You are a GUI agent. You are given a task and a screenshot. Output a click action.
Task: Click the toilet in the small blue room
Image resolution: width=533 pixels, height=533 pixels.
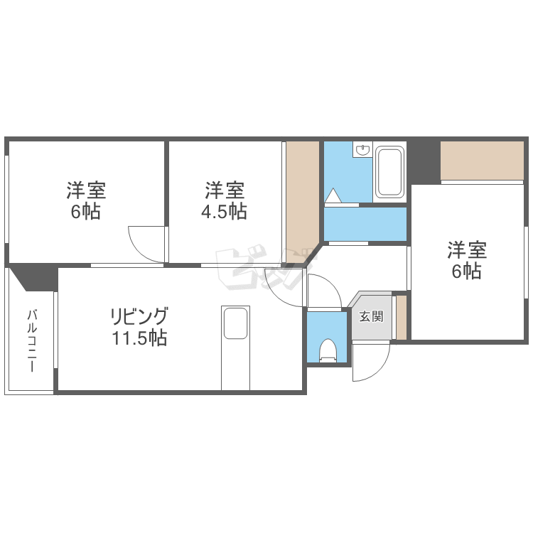tap(328, 350)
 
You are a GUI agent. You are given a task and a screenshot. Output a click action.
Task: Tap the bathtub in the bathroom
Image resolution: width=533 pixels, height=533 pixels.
tap(389, 171)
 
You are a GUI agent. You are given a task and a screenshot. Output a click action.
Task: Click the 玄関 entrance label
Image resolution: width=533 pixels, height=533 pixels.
tap(370, 316)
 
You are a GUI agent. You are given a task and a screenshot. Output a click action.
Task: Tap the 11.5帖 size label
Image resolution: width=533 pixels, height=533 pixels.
tap(139, 338)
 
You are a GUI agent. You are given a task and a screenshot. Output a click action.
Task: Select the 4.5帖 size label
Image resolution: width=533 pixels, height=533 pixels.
tap(225, 212)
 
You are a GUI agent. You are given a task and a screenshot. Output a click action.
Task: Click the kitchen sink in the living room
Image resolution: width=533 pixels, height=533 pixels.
tap(235, 324)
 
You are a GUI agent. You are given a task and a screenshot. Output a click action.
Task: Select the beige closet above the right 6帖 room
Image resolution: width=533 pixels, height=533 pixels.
tap(482, 161)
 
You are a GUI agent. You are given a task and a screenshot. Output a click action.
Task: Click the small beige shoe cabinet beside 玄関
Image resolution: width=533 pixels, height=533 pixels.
tap(401, 316)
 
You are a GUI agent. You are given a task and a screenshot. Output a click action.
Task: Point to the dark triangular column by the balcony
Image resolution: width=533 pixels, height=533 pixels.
tap(33, 277)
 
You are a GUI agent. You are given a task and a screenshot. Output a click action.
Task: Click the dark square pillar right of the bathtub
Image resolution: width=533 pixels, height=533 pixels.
tap(424, 161)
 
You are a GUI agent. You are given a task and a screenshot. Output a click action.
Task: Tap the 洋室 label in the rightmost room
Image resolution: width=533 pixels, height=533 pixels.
tap(466, 250)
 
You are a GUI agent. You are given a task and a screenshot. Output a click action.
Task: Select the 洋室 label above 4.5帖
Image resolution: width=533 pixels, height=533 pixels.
tap(225, 190)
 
